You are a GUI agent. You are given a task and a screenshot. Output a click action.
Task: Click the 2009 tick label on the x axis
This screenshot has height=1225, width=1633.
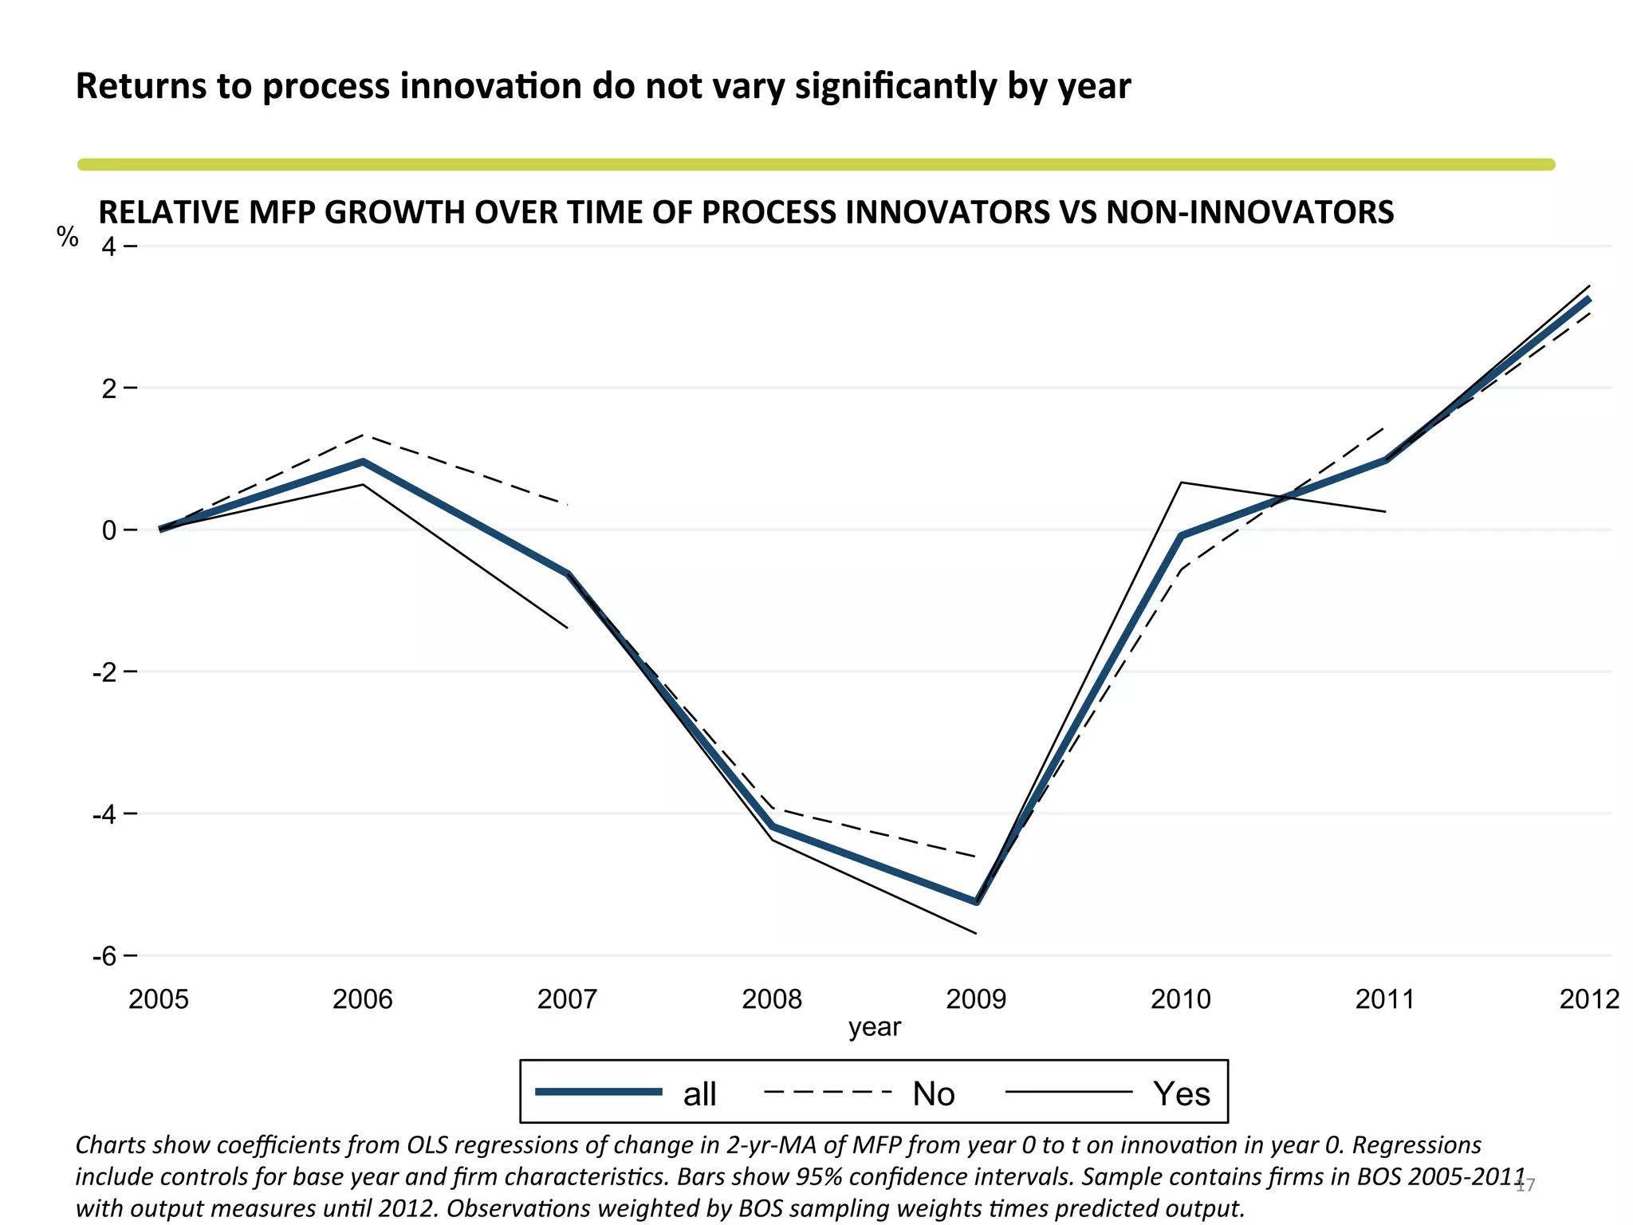976,999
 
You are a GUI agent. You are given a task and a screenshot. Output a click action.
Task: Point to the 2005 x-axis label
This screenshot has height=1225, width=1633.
159,999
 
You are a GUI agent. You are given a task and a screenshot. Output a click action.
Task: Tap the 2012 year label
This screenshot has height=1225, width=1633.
1589,999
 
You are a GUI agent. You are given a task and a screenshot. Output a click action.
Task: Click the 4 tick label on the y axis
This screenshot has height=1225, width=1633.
108,247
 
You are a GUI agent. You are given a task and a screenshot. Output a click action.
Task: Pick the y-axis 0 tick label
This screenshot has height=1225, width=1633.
108,530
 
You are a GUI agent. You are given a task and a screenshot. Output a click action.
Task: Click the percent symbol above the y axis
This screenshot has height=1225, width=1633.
68,237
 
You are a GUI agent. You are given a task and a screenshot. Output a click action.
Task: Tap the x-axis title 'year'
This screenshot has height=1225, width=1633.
874,1027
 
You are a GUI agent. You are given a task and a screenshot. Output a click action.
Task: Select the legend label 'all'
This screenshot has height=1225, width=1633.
699,1093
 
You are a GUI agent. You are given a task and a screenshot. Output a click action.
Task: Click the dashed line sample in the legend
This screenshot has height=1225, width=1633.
827,1092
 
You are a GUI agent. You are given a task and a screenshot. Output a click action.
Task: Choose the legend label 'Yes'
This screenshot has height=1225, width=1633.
1182,1093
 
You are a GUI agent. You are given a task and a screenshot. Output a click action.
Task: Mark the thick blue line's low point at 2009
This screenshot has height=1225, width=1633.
977,902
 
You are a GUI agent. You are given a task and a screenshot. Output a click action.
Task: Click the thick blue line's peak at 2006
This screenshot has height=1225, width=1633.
363,462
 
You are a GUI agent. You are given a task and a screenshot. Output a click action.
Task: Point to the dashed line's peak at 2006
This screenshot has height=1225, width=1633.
363,435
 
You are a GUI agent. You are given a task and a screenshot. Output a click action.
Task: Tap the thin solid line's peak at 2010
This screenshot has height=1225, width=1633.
1181,483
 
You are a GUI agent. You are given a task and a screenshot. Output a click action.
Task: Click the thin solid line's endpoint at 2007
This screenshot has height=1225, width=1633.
567,628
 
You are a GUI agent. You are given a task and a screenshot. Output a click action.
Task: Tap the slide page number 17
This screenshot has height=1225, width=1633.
1525,1185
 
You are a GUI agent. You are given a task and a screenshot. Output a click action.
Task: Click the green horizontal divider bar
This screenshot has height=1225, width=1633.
816,164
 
